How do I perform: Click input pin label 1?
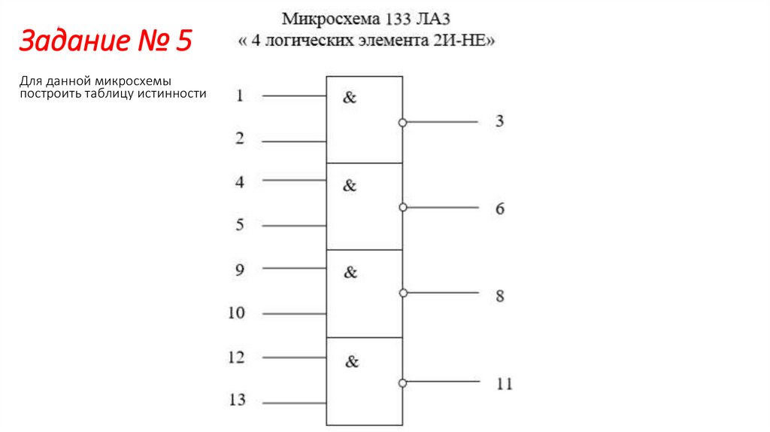pos(240,96)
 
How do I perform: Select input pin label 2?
pos(240,138)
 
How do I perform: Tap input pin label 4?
pos(240,181)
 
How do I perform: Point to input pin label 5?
pos(240,224)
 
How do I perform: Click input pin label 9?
pos(239,269)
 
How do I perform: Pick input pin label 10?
pos(237,312)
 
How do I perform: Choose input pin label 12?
pos(237,357)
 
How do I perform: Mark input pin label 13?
pos(237,400)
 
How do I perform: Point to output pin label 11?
pos(504,384)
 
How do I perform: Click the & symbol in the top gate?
pos(350,97)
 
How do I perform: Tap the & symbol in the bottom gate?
pos(352,362)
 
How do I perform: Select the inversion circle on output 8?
pos(403,294)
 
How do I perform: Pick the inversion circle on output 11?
pos(403,382)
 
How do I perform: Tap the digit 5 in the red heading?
pos(183,41)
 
